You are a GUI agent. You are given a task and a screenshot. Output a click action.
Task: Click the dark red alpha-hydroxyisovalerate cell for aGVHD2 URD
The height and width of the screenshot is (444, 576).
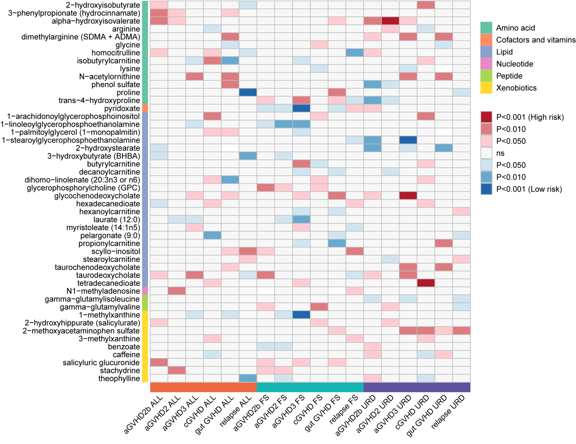tap(390, 21)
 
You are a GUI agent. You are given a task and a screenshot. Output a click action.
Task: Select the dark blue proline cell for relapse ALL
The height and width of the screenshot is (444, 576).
tap(248, 93)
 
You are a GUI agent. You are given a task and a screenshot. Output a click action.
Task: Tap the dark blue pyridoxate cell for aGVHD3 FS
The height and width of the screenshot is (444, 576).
tap(301, 109)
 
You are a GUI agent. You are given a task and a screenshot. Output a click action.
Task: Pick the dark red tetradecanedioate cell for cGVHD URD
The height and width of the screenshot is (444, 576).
tap(426, 283)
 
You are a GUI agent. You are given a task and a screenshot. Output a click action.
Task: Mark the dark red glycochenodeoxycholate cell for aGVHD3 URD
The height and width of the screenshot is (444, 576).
tap(408, 196)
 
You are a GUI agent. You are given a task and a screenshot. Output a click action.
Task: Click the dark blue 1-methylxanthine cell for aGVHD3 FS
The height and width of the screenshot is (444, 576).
tap(301, 315)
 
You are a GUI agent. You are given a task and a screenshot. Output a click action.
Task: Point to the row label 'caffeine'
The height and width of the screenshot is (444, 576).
tap(126, 355)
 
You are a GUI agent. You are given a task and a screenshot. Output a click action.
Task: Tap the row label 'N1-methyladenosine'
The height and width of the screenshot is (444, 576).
tap(103, 291)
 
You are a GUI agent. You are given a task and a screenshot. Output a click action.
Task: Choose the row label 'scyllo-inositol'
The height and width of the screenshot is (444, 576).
tap(116, 252)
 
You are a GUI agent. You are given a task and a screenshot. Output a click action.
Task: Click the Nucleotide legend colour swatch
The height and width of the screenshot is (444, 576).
tap(486, 64)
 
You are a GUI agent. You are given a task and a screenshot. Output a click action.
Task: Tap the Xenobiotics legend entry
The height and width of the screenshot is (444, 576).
tap(516, 88)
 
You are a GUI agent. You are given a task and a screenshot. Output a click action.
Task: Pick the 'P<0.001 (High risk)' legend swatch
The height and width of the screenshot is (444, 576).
tap(486, 117)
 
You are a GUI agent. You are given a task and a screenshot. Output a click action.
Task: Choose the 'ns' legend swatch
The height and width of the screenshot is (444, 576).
tap(486, 153)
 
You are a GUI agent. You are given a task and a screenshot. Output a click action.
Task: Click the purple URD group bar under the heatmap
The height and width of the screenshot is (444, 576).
tap(417, 387)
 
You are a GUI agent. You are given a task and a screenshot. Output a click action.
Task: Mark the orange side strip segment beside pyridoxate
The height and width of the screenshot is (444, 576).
tap(145, 109)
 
